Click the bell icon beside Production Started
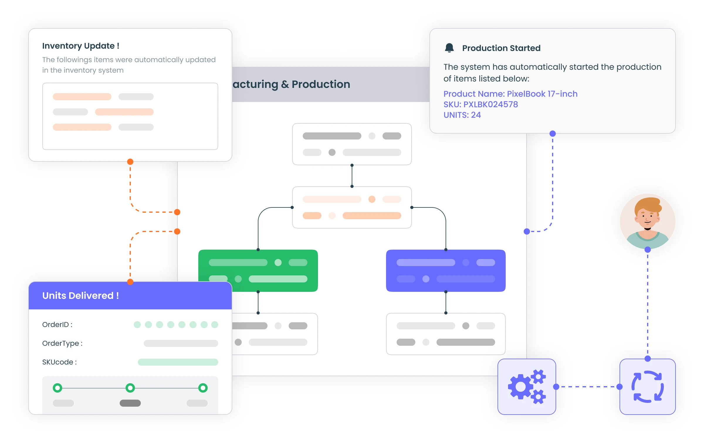(x=449, y=48)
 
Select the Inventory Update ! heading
(x=81, y=46)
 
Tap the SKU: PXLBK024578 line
(x=480, y=105)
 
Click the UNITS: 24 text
(x=462, y=115)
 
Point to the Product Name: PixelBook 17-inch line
(x=510, y=94)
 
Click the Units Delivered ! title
(x=81, y=296)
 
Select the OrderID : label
(x=57, y=325)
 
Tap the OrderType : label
(x=62, y=343)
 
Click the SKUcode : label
(x=59, y=362)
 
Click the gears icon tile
(x=527, y=387)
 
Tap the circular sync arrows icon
(x=647, y=387)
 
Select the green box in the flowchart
(x=258, y=271)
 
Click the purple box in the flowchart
(x=446, y=271)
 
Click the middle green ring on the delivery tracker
(x=130, y=388)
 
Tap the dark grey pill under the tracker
(x=130, y=403)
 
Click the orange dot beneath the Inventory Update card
(x=130, y=162)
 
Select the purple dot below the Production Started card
(x=553, y=134)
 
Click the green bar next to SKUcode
(x=178, y=362)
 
